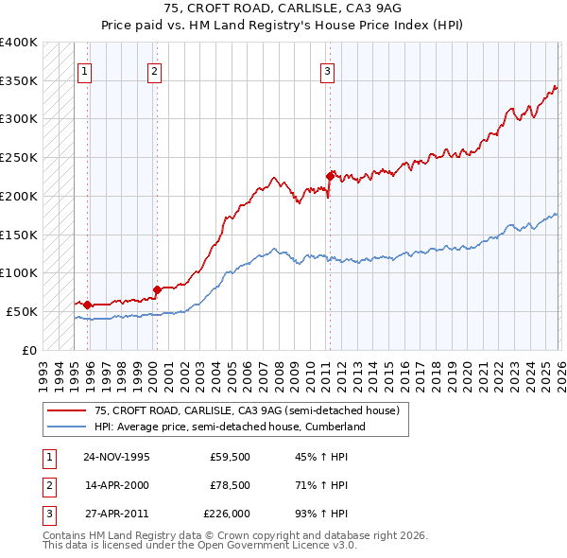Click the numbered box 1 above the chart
[x=84, y=70]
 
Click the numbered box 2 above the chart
[x=153, y=70]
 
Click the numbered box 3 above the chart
[x=326, y=70]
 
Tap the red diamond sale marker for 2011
[x=330, y=175]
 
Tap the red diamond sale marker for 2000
[x=157, y=289]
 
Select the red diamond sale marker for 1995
[x=88, y=305]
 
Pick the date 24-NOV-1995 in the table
[x=116, y=457]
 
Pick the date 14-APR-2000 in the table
[x=116, y=485]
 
